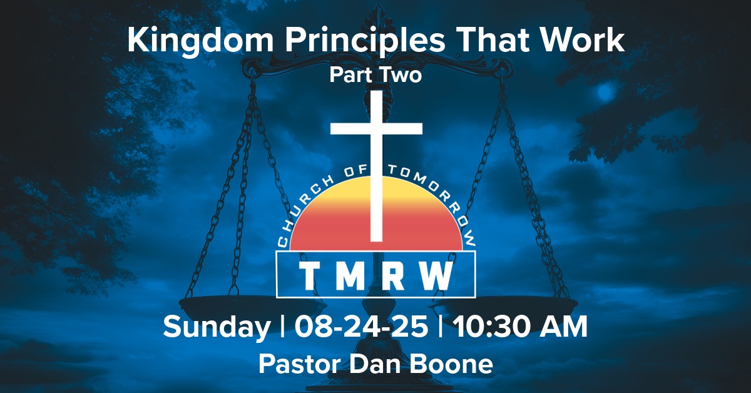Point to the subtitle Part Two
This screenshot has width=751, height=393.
coord(375,75)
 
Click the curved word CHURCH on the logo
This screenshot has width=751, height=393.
coord(307,200)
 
